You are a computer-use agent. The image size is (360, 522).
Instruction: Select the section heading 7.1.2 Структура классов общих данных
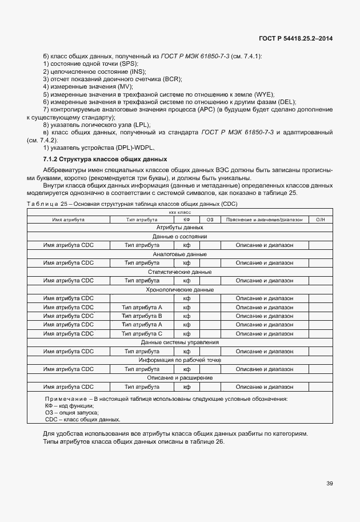pyautogui.click(x=105, y=158)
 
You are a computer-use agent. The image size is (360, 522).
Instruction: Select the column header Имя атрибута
pyautogui.click(x=69, y=220)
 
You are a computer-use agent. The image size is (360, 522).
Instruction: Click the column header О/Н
pyautogui.click(x=320, y=220)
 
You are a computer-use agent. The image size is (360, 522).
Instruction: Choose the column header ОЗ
pyautogui.click(x=210, y=220)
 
